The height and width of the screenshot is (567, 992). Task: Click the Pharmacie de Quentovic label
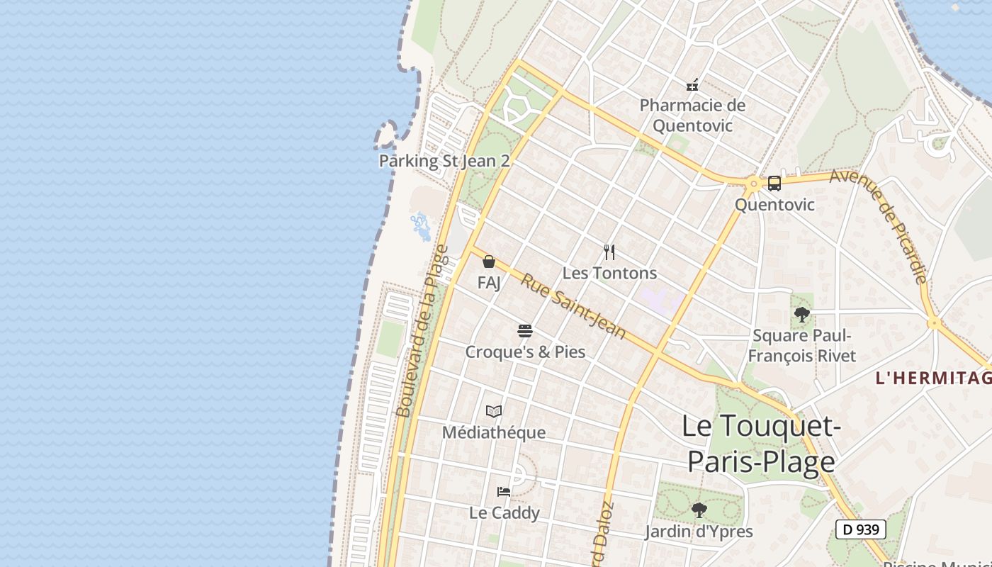click(692, 116)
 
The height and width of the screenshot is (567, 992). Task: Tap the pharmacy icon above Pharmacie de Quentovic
click(692, 85)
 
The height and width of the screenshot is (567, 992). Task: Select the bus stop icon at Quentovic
click(774, 184)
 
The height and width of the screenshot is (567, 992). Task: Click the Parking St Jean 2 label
click(444, 161)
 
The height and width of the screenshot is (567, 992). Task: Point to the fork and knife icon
click(609, 252)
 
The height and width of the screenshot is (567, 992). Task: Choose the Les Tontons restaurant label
click(609, 273)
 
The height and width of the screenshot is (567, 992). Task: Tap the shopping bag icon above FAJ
click(489, 262)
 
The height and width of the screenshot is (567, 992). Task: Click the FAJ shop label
click(489, 283)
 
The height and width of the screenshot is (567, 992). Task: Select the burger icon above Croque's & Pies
click(525, 331)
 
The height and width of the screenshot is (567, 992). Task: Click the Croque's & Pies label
click(525, 352)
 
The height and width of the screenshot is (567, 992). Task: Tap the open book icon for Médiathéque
click(494, 411)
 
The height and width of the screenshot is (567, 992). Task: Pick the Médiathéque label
click(494, 432)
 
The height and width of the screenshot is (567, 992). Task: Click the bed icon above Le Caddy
click(504, 491)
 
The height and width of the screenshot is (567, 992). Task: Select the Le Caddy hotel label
click(504, 512)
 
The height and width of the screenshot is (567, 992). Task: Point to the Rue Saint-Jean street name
click(574, 306)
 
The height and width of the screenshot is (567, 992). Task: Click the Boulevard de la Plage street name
click(423, 331)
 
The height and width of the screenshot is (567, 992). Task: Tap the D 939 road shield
click(861, 529)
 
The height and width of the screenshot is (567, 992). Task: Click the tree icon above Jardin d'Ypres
click(699, 510)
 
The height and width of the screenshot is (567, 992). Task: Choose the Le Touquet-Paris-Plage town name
click(762, 444)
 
